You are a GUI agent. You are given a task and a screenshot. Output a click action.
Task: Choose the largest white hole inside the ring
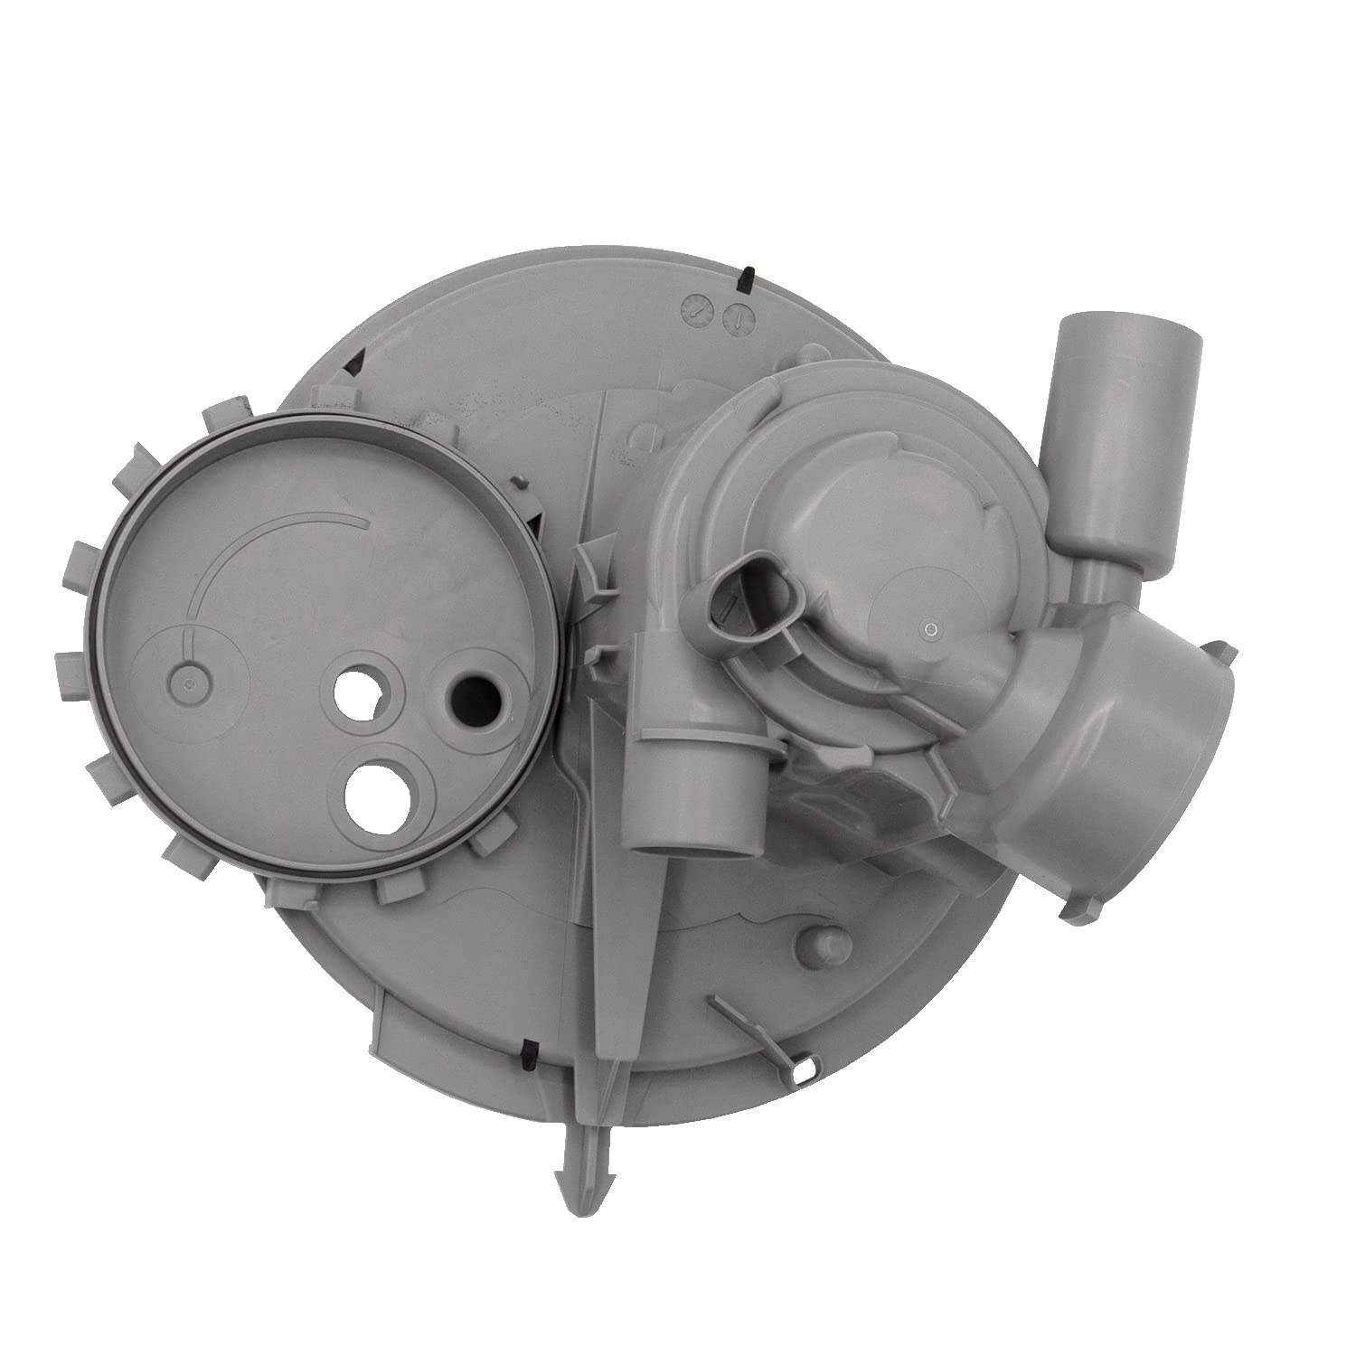(x=376, y=793)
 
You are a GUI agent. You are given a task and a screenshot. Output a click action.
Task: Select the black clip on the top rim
(x=748, y=280)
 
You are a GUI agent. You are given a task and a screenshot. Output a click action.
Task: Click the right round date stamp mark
(x=737, y=316)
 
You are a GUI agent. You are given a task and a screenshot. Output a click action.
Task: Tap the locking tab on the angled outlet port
(x=1220, y=653)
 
